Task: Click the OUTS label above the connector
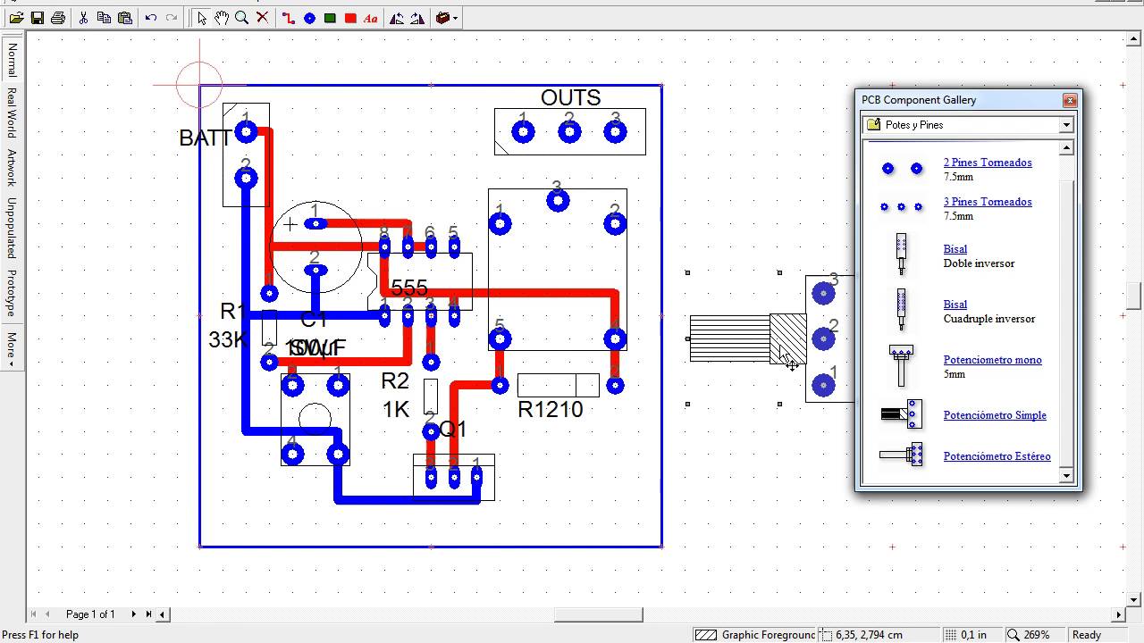pyautogui.click(x=570, y=97)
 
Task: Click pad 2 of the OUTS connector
pyautogui.click(x=569, y=132)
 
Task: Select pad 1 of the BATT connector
pyautogui.click(x=246, y=133)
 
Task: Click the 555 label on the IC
pyautogui.click(x=409, y=288)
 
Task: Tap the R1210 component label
pyautogui.click(x=550, y=409)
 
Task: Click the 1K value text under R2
pyautogui.click(x=395, y=409)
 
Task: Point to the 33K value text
pyautogui.click(x=226, y=339)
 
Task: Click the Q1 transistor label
pyautogui.click(x=453, y=429)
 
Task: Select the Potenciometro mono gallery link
pyautogui.click(x=992, y=360)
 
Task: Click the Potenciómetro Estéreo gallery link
pyautogui.click(x=997, y=456)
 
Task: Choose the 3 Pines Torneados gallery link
pyautogui.click(x=988, y=202)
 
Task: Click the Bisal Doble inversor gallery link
pyautogui.click(x=955, y=249)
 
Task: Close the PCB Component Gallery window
pyautogui.click(x=1069, y=100)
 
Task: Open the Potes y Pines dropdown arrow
pyautogui.click(x=1066, y=125)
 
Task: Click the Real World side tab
pyautogui.click(x=12, y=113)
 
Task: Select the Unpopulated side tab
pyautogui.click(x=12, y=227)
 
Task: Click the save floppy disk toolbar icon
pyautogui.click(x=37, y=17)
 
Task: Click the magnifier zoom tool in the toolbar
pyautogui.click(x=241, y=17)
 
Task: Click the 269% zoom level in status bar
pyautogui.click(x=1036, y=635)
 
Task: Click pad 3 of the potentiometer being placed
pyautogui.click(x=823, y=293)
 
